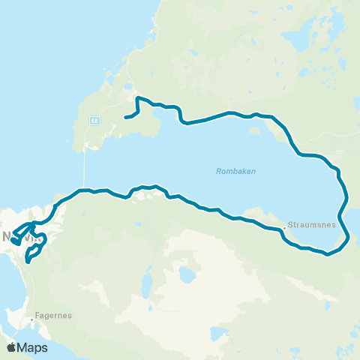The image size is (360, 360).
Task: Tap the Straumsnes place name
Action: [308, 223]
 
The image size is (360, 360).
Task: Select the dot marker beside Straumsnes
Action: [285, 226]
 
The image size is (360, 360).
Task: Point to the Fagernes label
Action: [53, 316]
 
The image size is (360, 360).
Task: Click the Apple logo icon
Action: [11, 347]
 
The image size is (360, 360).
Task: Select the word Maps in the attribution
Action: [34, 347]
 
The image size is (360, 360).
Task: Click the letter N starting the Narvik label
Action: [7, 237]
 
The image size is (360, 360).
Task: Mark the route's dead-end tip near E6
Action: [124, 117]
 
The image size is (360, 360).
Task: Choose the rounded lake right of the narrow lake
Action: [184, 275]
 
